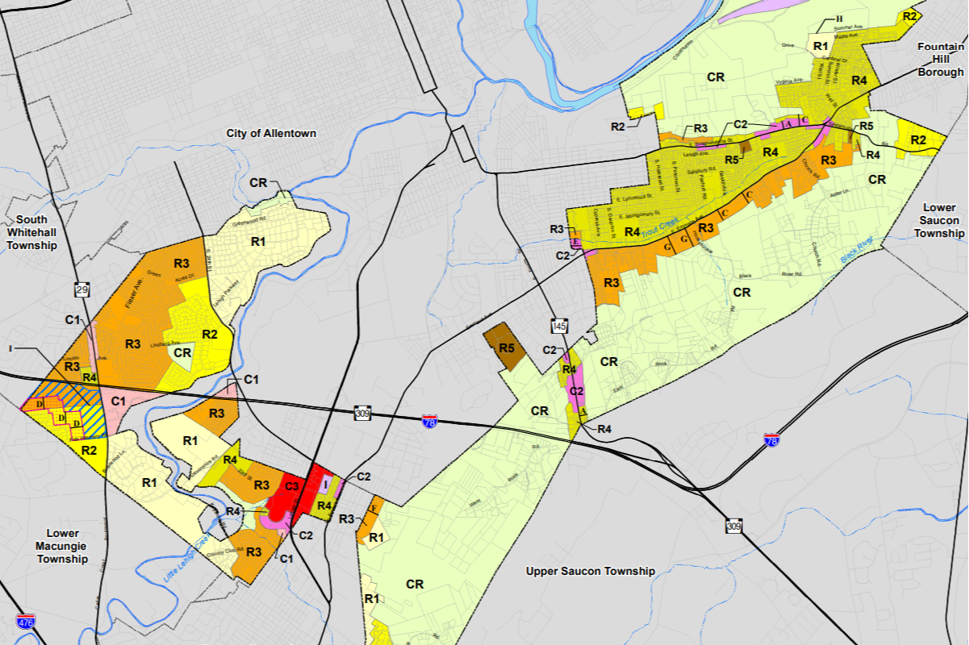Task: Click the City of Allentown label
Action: [x=271, y=133]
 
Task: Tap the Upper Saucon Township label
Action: [x=590, y=571]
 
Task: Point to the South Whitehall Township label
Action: [x=32, y=232]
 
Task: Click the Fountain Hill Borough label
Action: [x=940, y=60]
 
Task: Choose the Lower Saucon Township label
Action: [x=938, y=221]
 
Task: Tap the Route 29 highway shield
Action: [x=81, y=289]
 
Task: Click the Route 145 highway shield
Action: [x=560, y=326]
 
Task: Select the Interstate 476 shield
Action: [x=25, y=621]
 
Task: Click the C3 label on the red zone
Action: [x=290, y=486]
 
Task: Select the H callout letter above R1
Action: [x=838, y=19]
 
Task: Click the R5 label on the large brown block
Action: [x=506, y=348]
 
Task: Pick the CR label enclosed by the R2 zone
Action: [x=183, y=352]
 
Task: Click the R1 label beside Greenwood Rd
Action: [x=258, y=241]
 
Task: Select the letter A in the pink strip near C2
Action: [x=583, y=410]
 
